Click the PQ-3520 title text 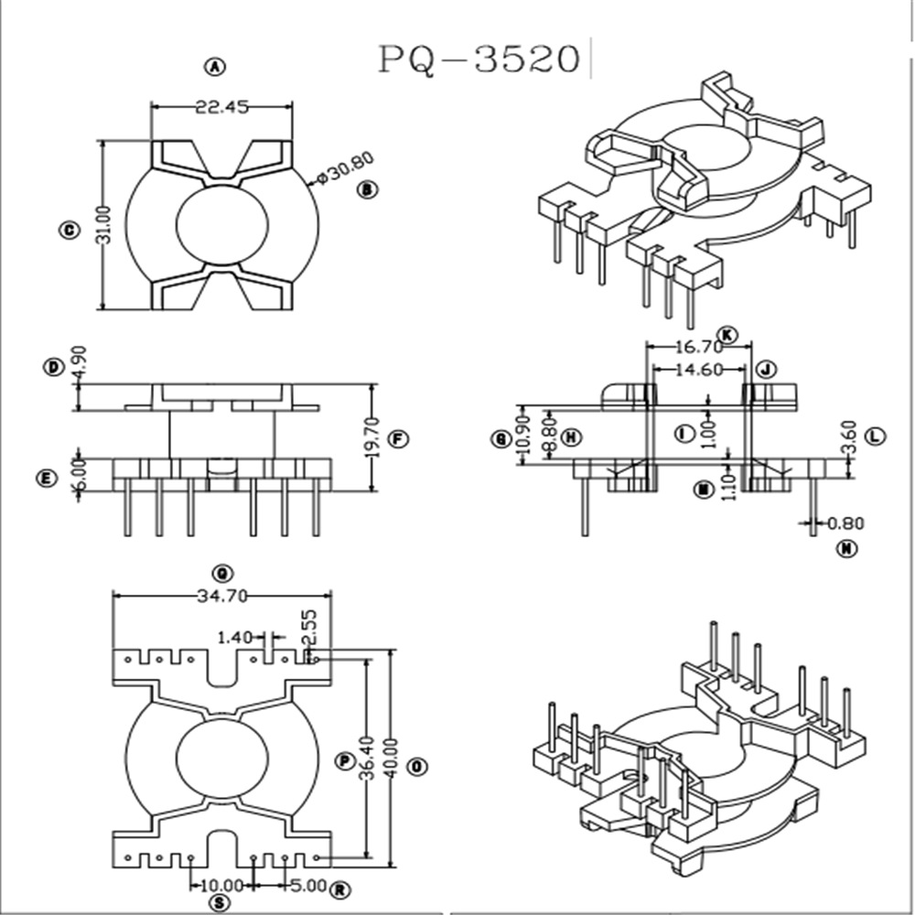pyautogui.click(x=480, y=59)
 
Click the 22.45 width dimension pyautogui.click(x=221, y=107)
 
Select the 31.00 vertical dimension pyautogui.click(x=105, y=225)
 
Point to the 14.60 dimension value pyautogui.click(x=699, y=370)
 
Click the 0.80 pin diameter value pyautogui.click(x=845, y=524)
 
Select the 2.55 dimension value pyautogui.click(x=310, y=628)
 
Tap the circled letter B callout pyautogui.click(x=368, y=189)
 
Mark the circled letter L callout pyautogui.click(x=876, y=436)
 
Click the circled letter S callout pyautogui.click(x=220, y=903)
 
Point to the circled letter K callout pyautogui.click(x=727, y=333)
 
